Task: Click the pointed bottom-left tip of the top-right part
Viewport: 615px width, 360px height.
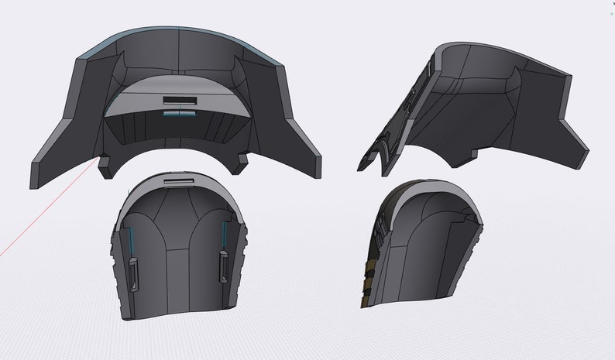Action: click(x=361, y=167)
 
